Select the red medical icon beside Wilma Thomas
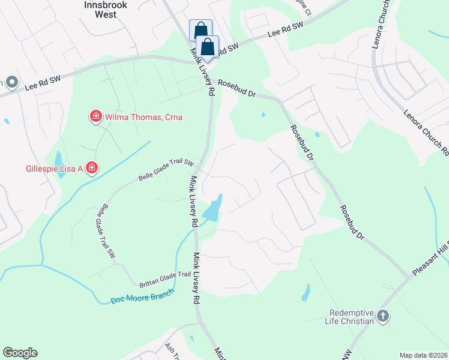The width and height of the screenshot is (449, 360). (x=95, y=116)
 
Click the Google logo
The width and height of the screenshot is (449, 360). (x=20, y=353)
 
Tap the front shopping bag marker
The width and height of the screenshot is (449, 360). (x=207, y=47)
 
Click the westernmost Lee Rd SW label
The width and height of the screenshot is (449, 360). (x=43, y=82)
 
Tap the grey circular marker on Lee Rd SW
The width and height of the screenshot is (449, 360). (x=11, y=82)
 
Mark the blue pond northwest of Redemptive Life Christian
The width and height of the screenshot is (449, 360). (x=306, y=292)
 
